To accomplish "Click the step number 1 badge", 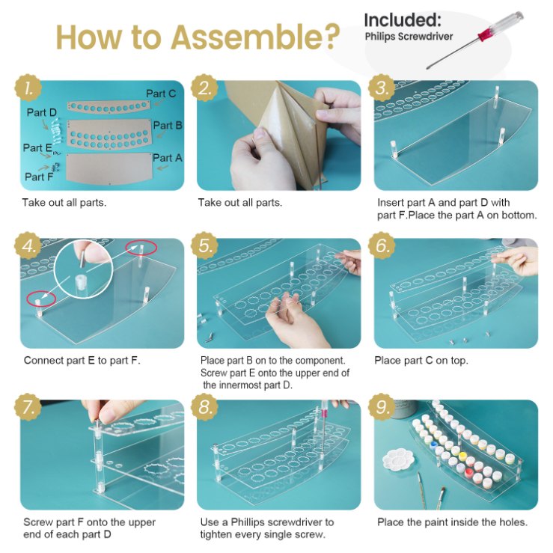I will (x=28, y=89).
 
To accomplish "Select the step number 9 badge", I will (x=382, y=408).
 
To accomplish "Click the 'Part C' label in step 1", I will (x=161, y=94).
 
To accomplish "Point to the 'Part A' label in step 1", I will (x=167, y=158).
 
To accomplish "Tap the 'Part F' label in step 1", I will (x=39, y=177).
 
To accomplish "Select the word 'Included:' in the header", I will (x=403, y=19).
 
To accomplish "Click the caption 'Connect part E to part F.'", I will (x=82, y=361).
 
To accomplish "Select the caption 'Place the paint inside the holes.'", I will (x=452, y=522).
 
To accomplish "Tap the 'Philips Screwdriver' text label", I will (x=409, y=36).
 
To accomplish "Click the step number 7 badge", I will (x=28, y=408).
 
